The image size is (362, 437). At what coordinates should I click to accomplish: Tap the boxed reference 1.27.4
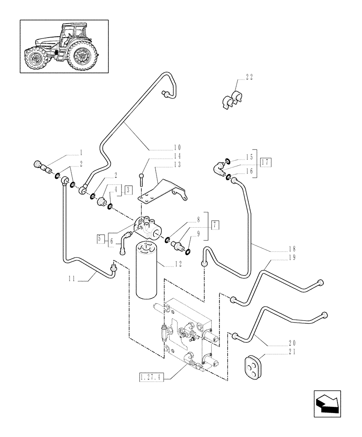[150, 377]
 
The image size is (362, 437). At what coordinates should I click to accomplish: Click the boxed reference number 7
[215, 225]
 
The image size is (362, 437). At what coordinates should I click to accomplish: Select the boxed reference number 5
[100, 239]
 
